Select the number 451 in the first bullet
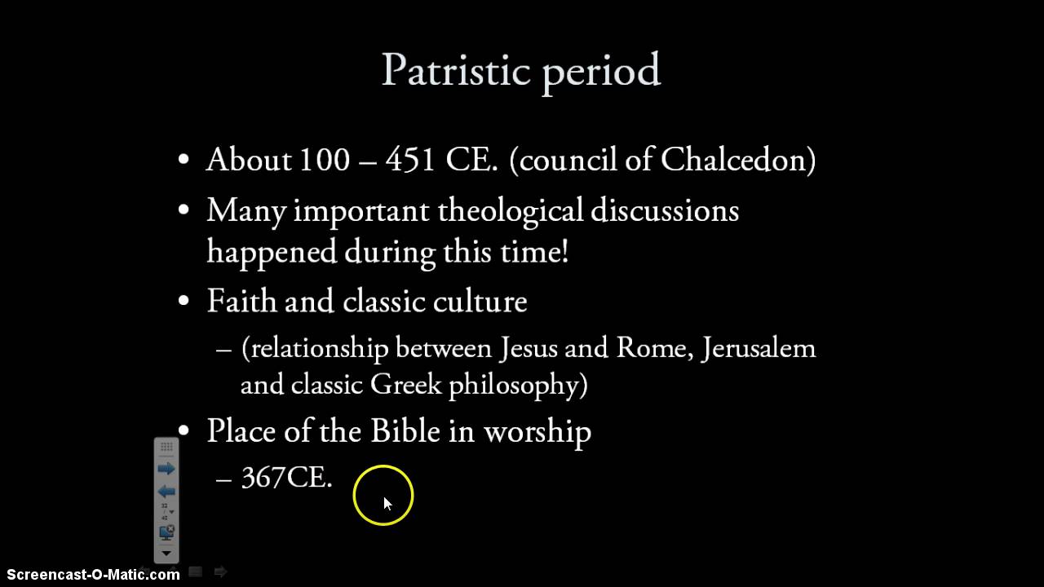click(x=410, y=160)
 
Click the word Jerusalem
click(x=759, y=348)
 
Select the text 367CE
click(x=286, y=478)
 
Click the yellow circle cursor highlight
click(x=383, y=495)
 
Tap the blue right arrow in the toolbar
click(x=166, y=469)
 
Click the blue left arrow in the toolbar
click(x=166, y=492)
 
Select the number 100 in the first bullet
click(x=324, y=160)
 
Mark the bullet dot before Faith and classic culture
click(x=184, y=301)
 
